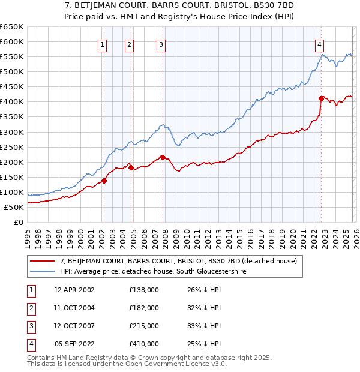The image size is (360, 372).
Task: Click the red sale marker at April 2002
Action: coord(104,180)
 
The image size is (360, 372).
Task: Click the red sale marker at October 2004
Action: coord(130,167)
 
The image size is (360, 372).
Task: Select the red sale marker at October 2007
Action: coord(162,157)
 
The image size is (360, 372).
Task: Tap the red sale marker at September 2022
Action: coord(321,98)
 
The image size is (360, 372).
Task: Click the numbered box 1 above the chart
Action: coord(103,44)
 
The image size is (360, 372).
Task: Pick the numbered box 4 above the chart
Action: coord(320,44)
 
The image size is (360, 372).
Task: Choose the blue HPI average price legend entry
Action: coord(153,272)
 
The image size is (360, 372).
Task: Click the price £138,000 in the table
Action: coord(144,290)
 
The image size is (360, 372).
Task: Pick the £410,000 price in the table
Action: coord(144,344)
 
